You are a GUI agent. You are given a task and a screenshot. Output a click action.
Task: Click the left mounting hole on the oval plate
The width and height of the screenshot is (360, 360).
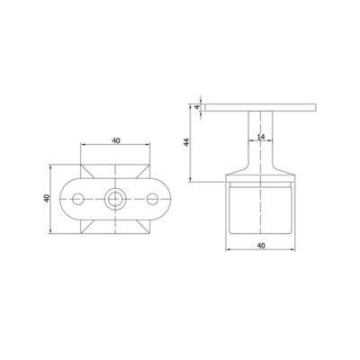pos(80,197)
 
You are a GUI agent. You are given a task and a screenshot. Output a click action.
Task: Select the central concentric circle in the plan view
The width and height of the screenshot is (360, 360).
pos(114,197)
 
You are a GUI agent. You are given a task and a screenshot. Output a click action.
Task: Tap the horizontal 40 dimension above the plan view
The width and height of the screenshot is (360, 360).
pos(114,140)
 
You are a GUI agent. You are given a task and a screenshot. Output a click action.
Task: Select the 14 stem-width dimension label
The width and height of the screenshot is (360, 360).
pos(259,138)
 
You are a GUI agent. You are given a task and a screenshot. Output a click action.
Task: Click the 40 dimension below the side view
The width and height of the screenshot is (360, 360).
pos(260,244)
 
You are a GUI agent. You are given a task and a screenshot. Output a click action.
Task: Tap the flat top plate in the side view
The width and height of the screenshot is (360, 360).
pos(260,107)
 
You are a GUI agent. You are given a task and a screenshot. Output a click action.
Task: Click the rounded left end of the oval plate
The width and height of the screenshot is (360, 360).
pos(66,197)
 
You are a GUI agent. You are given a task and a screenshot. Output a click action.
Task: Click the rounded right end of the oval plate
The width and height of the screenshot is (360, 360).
pos(163,197)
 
